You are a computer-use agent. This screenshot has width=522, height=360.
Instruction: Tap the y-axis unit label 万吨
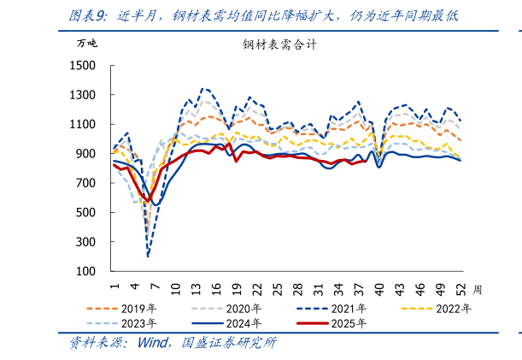[87, 43]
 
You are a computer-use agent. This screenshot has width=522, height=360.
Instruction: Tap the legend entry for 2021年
[350, 309]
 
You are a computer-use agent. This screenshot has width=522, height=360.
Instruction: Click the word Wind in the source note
[155, 344]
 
